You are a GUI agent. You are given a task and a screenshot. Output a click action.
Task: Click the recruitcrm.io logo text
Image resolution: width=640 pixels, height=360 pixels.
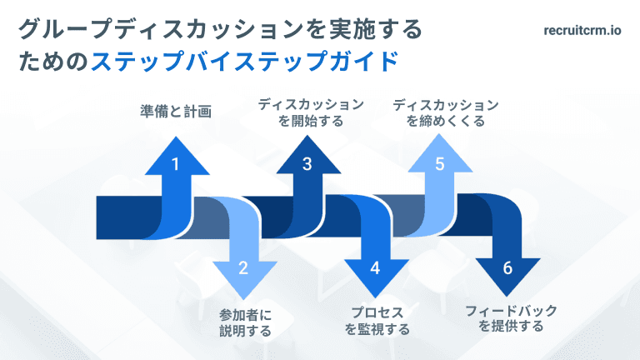(x=580, y=31)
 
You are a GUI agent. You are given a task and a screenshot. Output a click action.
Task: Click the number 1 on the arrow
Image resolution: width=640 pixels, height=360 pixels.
(x=175, y=164)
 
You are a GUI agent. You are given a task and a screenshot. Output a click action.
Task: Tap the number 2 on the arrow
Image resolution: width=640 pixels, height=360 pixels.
(x=243, y=267)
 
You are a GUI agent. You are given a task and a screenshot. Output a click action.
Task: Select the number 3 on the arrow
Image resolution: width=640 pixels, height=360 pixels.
(x=307, y=164)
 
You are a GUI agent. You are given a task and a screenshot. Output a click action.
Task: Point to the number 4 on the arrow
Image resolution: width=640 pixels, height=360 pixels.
(x=375, y=267)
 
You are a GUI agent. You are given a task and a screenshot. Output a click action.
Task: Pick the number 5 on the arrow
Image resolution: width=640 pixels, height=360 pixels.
(x=439, y=164)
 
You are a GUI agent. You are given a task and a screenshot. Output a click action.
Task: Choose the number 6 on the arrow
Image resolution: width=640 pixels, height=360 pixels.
(x=507, y=267)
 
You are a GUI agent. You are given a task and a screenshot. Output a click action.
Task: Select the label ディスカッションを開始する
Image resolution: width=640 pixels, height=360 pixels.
(x=310, y=112)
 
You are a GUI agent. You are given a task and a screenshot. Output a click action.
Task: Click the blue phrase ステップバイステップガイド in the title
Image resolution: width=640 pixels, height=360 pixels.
(x=243, y=62)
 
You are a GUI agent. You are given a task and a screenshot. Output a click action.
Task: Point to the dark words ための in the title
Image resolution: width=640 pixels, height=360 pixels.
(x=53, y=62)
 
